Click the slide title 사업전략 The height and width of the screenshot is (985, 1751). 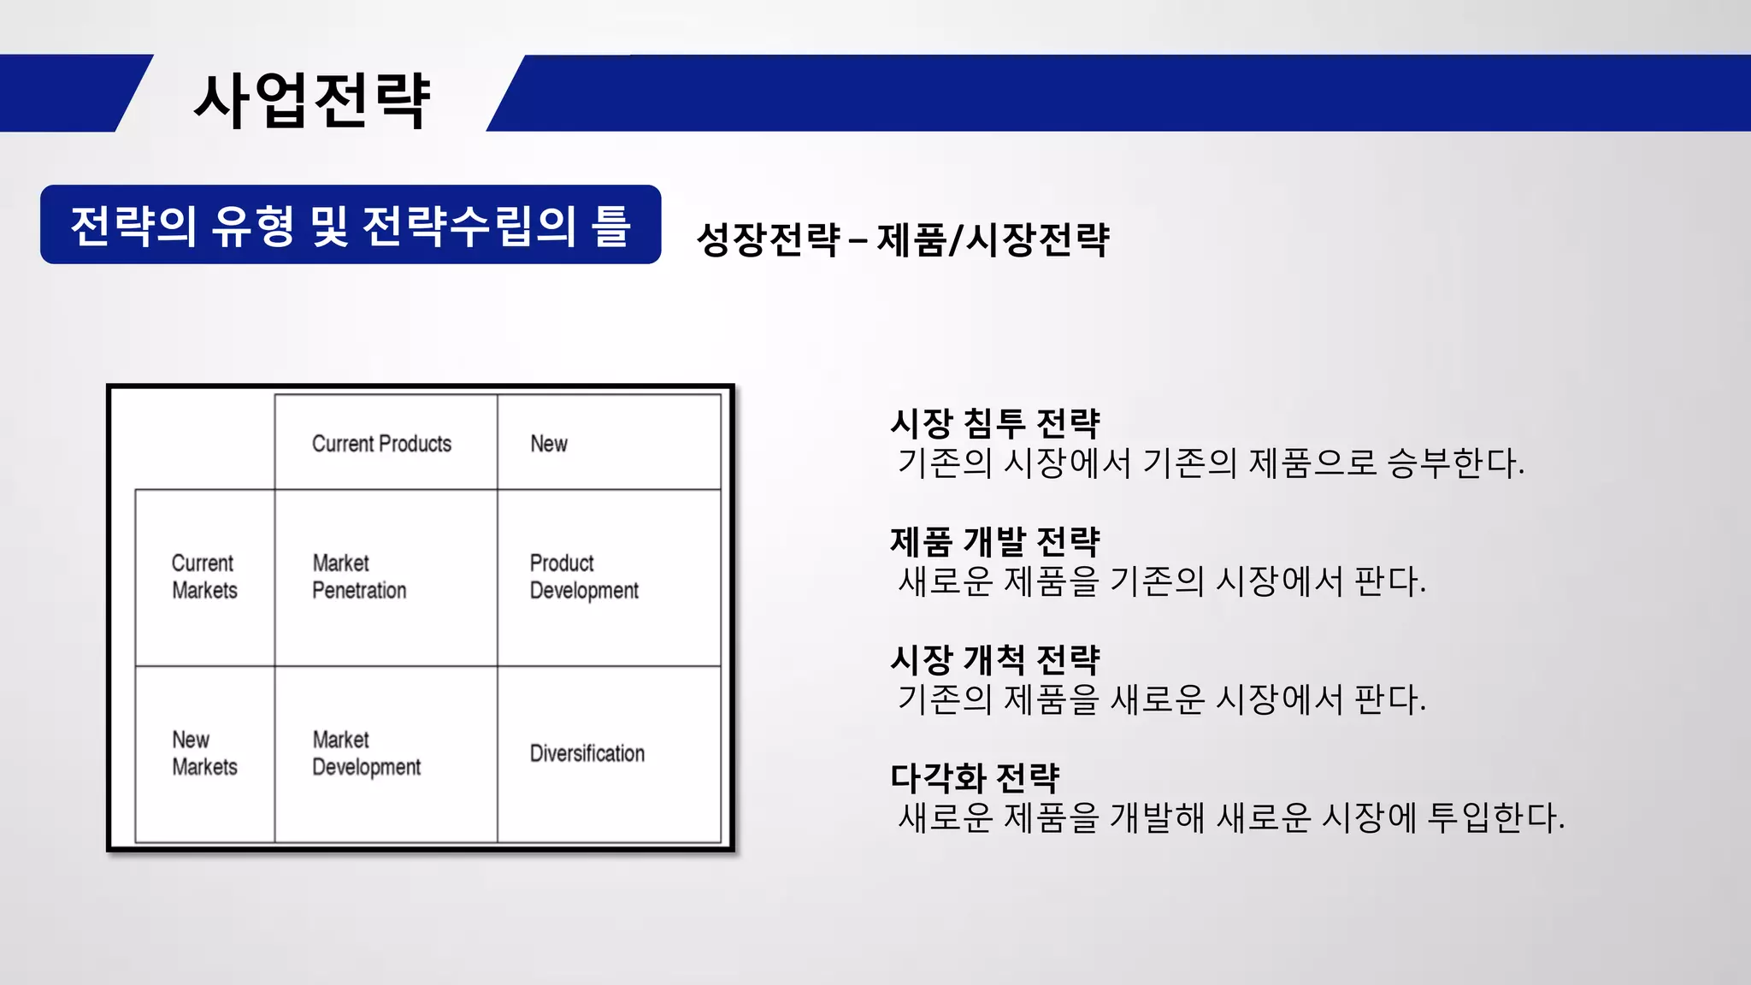pos(312,101)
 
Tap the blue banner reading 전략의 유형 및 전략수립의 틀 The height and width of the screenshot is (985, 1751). pos(351,225)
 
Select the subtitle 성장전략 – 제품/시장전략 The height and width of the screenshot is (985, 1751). pos(903,239)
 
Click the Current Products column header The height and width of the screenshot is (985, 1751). pos(381,444)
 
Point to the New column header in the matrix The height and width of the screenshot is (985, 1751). pos(549,444)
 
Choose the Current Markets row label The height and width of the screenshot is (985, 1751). pos(204,577)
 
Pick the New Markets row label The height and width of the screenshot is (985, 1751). pos(204,753)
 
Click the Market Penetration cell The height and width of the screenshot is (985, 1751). pos(359,577)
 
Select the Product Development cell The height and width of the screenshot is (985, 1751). pos(584,577)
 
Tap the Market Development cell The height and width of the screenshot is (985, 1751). pos(366,753)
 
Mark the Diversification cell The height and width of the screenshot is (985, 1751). pos(587,753)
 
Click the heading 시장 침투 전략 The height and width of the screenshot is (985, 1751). pos(995,423)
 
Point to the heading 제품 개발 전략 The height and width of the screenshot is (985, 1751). pos(995,541)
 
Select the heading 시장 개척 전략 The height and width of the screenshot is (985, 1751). pos(995,659)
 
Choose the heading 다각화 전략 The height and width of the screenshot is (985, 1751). pos(975,777)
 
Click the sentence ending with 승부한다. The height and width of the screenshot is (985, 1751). pos(1211,463)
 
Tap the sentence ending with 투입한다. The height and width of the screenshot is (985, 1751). pos(1231,818)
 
